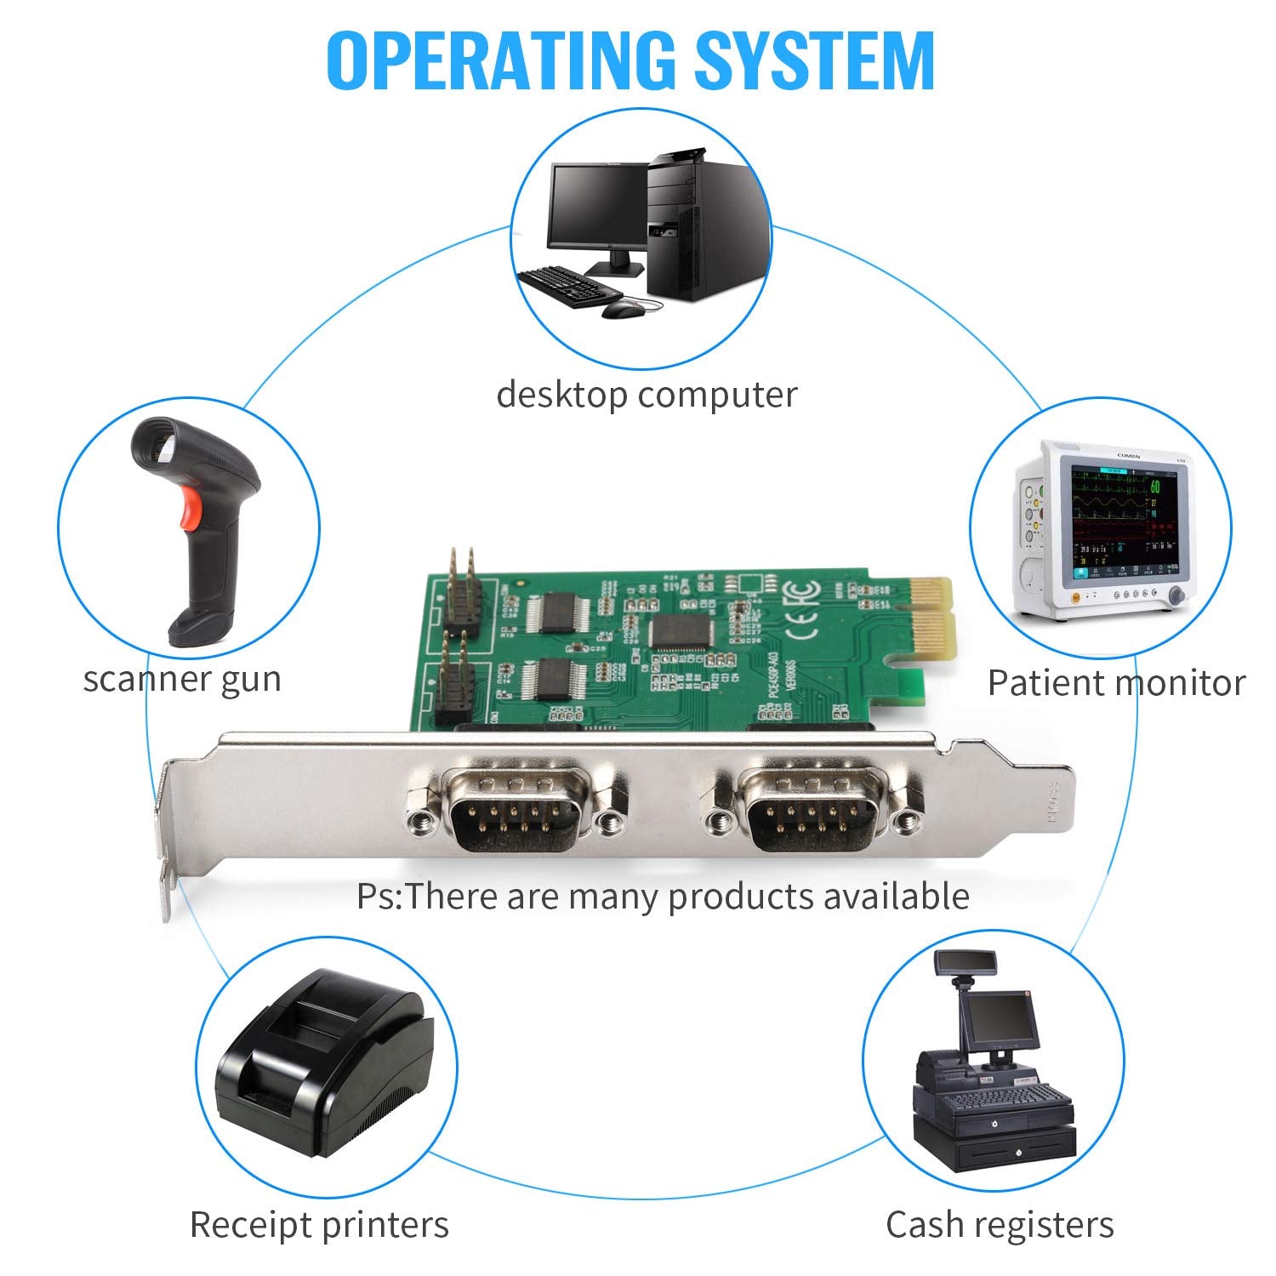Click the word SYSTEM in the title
(x=814, y=60)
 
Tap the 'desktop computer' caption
(x=647, y=395)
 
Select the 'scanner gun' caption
(x=182, y=679)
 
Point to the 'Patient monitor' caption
(x=1116, y=683)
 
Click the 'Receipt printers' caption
(x=319, y=1225)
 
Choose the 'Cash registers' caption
(x=1000, y=1225)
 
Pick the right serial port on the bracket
(x=812, y=809)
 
